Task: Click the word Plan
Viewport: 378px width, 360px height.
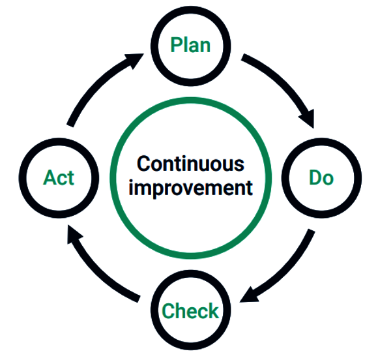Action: pos(190,45)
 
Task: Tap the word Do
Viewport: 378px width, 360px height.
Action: pos(321,178)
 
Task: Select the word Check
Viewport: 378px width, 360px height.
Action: pos(190,310)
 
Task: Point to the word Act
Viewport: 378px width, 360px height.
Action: pos(59,177)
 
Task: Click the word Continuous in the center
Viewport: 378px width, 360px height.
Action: pos(190,164)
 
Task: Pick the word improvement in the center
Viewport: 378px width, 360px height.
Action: pos(190,188)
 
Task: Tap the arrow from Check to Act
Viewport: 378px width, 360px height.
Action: pos(95,270)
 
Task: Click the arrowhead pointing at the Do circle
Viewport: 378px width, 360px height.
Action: pos(308,119)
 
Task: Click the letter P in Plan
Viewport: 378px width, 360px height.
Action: pos(176,45)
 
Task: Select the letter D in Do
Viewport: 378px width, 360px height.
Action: pos(315,177)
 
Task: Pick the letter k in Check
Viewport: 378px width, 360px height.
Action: pos(213,310)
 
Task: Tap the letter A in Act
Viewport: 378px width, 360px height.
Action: pos(50,177)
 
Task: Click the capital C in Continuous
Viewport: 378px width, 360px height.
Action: pos(143,164)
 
